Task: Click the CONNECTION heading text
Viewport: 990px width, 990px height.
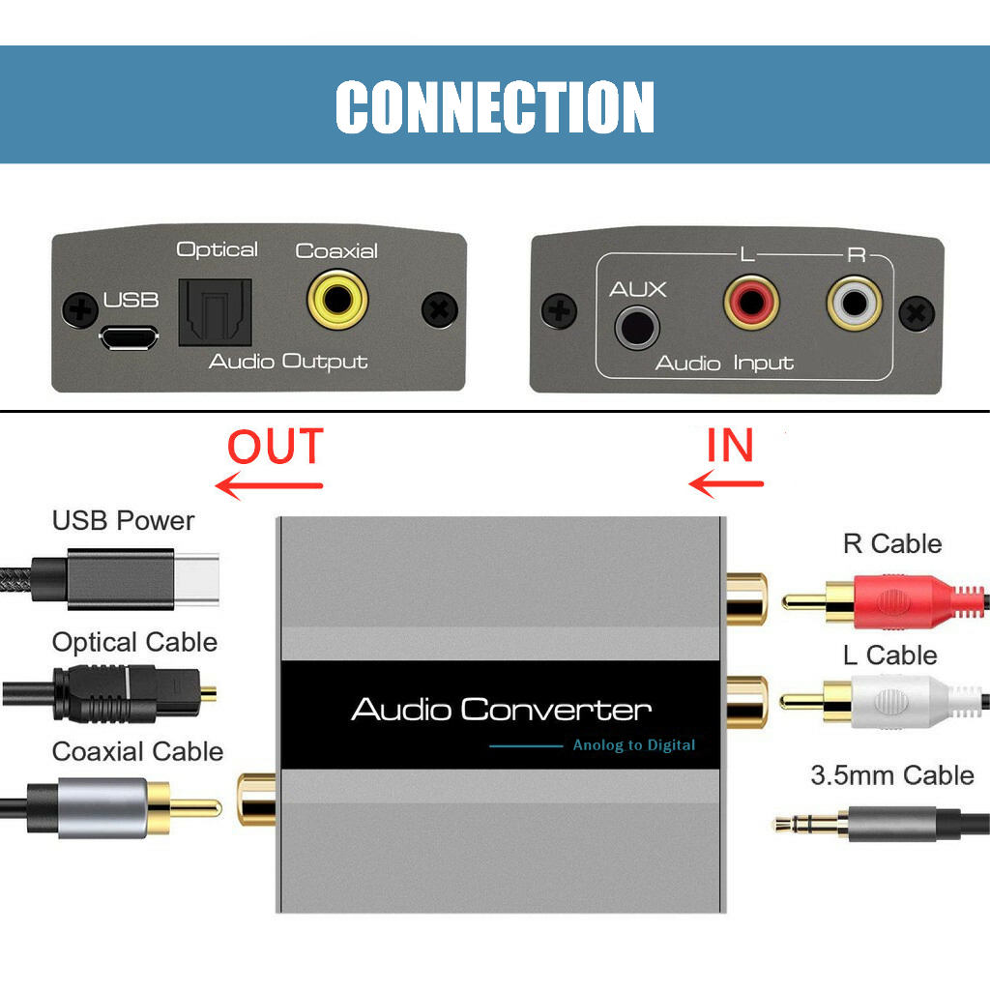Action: coord(495,105)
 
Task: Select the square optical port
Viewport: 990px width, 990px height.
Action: coord(215,312)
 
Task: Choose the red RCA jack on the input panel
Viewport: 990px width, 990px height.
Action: coord(750,303)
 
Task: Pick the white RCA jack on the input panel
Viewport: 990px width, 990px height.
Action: coord(855,304)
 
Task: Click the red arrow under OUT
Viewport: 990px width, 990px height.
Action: coord(269,485)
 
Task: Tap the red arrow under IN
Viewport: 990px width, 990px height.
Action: coord(726,481)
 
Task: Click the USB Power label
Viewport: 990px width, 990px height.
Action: coord(123,521)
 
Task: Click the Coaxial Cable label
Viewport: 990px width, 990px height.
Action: coord(137,752)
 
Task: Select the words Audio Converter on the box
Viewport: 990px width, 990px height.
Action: coord(501,711)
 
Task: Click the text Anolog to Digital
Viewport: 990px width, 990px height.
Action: coord(633,745)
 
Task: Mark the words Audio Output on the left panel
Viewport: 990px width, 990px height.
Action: coord(288,363)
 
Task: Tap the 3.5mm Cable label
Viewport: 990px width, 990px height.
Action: coord(891,775)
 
